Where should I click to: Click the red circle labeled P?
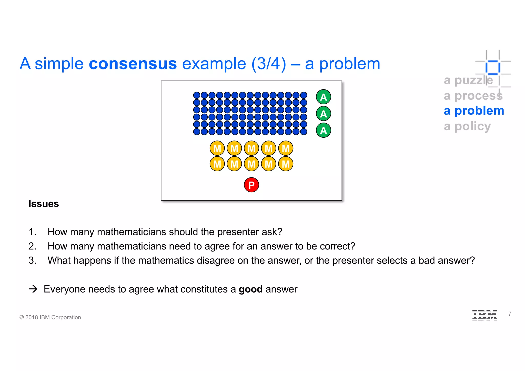(x=251, y=185)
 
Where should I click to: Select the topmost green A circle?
(x=324, y=97)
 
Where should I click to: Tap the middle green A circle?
(x=324, y=114)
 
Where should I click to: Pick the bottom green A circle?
(x=324, y=130)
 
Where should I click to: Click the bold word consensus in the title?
(x=133, y=64)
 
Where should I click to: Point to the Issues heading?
(x=44, y=204)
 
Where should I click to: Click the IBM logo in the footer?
(x=484, y=315)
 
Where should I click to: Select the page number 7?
(x=510, y=314)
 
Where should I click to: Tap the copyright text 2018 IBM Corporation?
(x=50, y=317)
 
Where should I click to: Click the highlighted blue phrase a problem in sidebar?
(x=474, y=111)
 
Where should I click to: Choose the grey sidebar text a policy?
(x=467, y=126)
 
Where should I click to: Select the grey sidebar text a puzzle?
(x=468, y=80)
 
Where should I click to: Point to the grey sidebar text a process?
(x=473, y=96)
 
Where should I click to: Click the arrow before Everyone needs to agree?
(x=33, y=289)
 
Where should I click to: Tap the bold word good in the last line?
(x=250, y=289)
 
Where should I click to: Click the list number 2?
(x=32, y=246)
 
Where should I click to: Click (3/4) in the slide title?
(x=269, y=64)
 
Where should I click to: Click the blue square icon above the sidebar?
(x=493, y=67)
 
